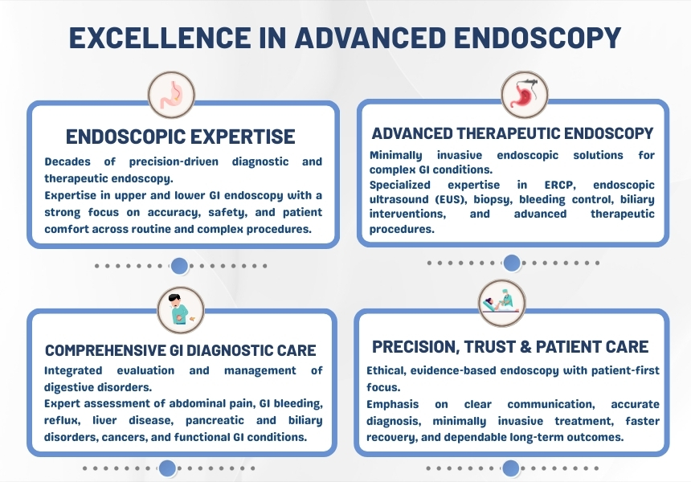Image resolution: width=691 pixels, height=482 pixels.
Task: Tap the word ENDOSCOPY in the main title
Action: tap(538, 38)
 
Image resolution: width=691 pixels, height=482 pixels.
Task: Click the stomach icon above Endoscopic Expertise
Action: tap(171, 95)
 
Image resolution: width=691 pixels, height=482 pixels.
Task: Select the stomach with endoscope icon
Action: tap(525, 95)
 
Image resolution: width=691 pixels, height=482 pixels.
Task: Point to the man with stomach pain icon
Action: tap(181, 310)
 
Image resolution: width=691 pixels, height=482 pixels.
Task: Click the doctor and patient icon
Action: tap(502, 303)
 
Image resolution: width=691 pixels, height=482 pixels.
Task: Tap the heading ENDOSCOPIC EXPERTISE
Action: tap(181, 137)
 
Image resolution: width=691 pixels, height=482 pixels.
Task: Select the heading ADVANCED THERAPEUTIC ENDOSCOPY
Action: tap(513, 133)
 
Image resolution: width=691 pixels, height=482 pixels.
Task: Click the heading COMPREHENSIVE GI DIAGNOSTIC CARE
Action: tap(181, 350)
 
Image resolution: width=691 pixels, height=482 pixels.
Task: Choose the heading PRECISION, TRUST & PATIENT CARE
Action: tap(510, 347)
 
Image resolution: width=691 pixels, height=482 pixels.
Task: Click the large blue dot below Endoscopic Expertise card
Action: tap(179, 266)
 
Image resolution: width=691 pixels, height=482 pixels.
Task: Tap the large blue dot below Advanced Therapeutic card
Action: tap(512, 263)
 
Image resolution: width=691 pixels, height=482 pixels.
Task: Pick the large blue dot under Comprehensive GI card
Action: tap(167, 468)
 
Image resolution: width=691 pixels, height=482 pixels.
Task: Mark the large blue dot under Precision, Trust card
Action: tap(511, 468)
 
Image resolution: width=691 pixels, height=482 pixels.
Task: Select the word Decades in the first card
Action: tap(67, 161)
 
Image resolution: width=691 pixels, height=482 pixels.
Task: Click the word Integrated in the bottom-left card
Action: tap(73, 371)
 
